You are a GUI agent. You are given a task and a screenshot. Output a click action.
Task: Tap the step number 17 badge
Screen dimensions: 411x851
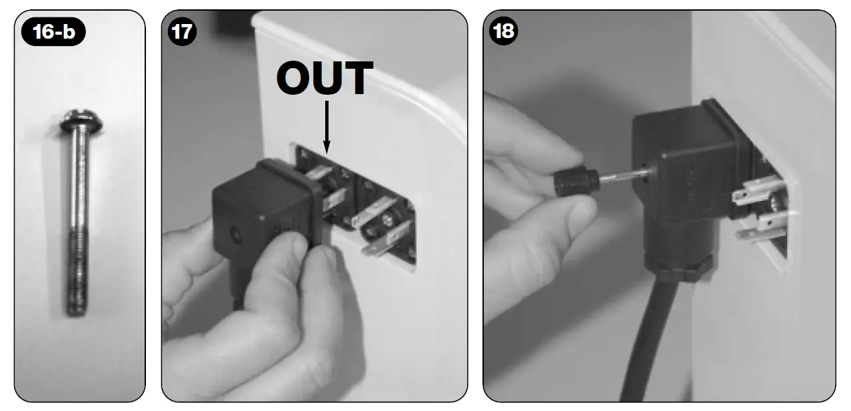(179, 32)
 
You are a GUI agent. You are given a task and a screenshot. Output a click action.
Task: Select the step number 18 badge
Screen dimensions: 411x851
(502, 32)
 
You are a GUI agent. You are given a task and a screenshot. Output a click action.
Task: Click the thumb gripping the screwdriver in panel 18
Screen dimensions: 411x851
(566, 214)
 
